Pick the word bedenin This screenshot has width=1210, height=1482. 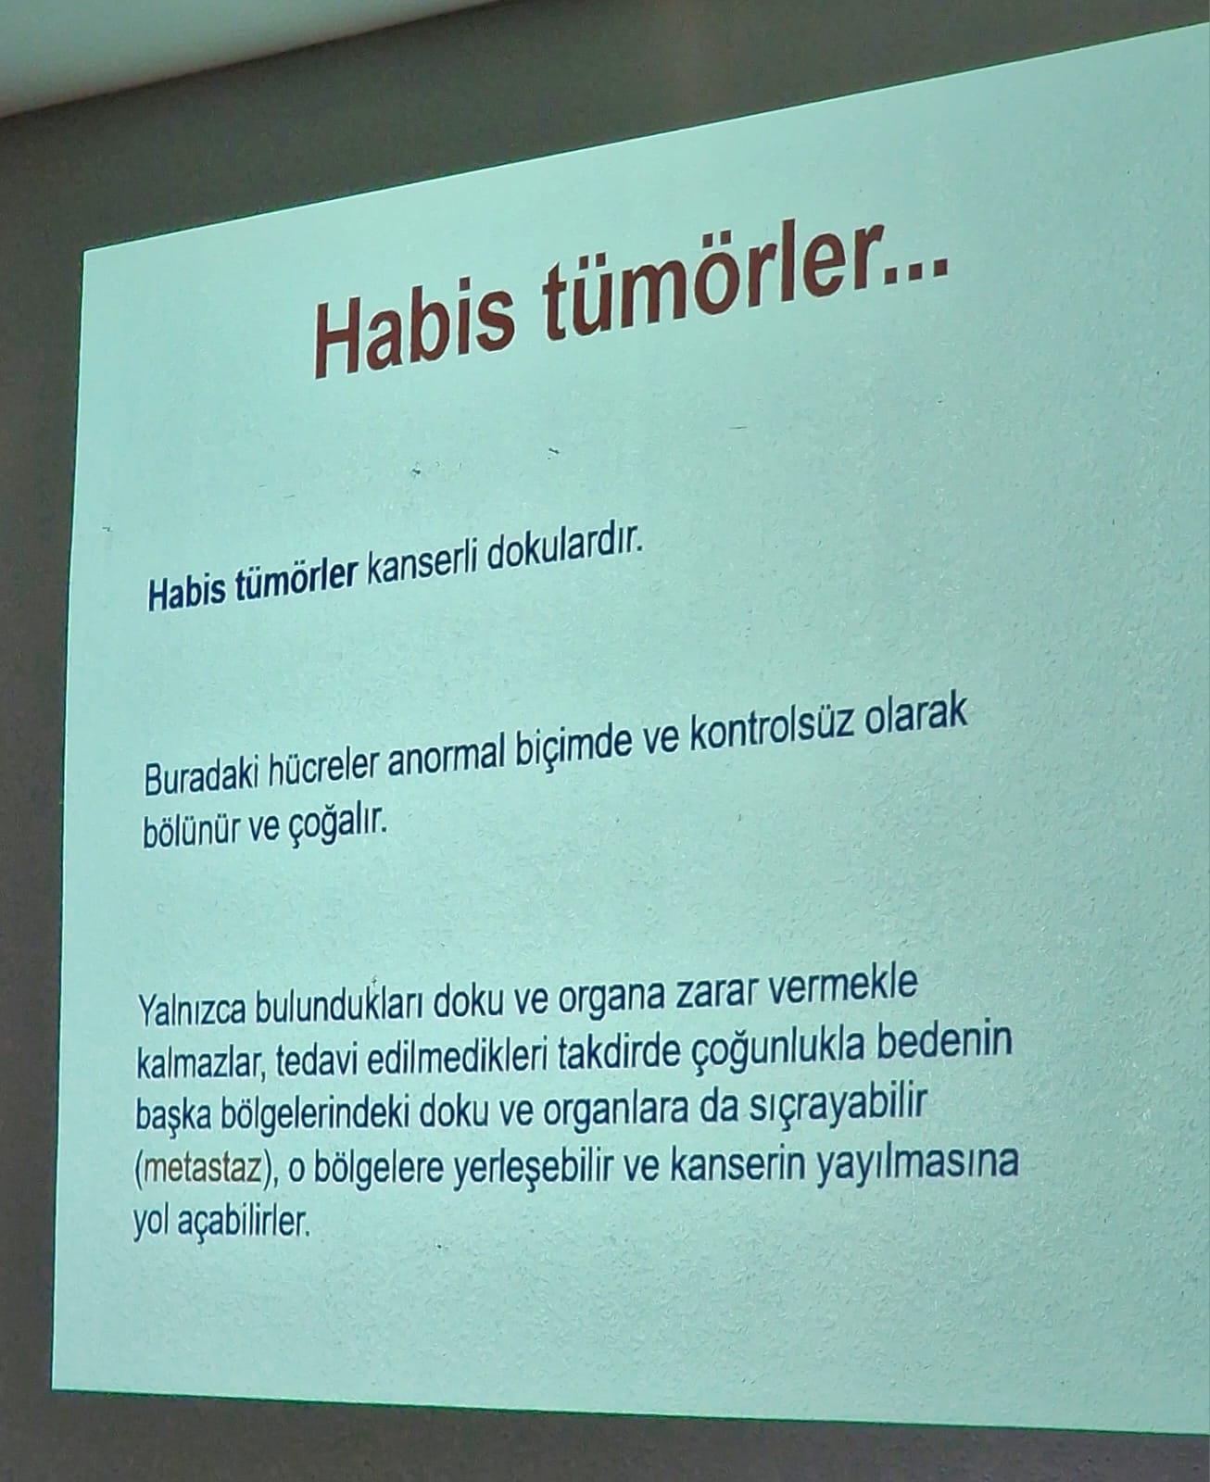point(944,1042)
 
